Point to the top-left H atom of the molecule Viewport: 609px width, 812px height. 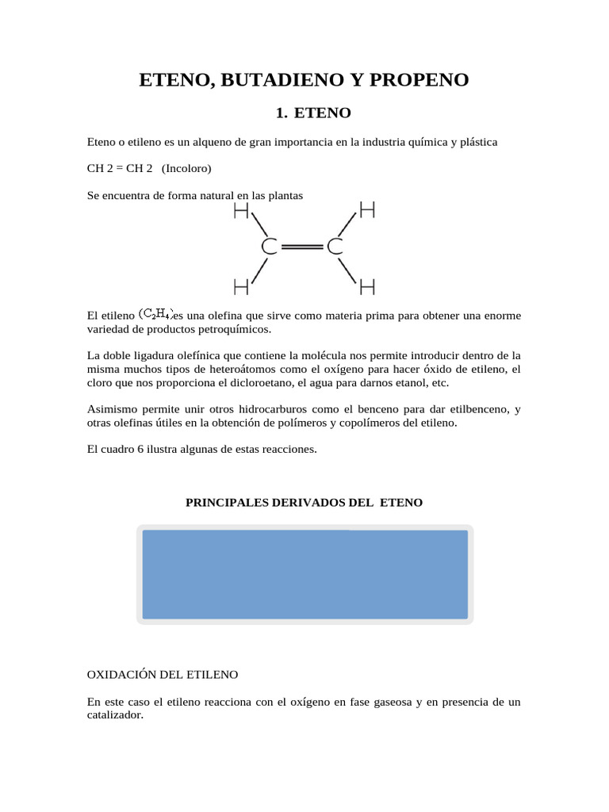click(x=242, y=211)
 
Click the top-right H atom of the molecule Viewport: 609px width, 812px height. click(x=366, y=210)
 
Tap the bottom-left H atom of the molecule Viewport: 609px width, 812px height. click(x=242, y=285)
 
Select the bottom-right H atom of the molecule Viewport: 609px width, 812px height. click(x=366, y=285)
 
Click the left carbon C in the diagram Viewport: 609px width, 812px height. click(x=269, y=247)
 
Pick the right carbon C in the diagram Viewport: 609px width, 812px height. click(x=335, y=247)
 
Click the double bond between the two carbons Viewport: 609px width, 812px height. click(x=301, y=247)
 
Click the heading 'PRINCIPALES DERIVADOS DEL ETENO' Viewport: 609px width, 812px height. click(x=304, y=503)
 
